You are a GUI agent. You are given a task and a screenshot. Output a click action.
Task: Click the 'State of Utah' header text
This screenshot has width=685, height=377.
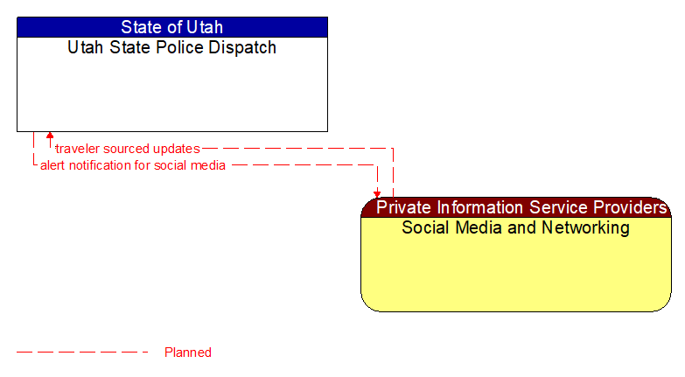(x=171, y=27)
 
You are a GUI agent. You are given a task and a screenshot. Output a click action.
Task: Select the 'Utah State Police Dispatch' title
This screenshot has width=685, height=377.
(x=171, y=48)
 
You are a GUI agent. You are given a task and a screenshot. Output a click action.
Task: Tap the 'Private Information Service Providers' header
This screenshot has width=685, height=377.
(x=521, y=207)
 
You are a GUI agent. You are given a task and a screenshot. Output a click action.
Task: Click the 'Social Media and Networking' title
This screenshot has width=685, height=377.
(x=515, y=228)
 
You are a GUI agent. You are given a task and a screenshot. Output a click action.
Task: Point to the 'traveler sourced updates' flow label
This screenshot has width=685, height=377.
(x=127, y=149)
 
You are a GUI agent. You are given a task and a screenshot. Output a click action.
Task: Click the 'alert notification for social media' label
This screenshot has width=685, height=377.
(x=133, y=165)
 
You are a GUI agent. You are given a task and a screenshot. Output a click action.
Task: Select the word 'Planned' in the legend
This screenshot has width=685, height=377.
(x=188, y=353)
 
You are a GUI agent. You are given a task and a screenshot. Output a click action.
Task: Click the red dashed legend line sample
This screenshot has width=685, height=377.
(x=82, y=353)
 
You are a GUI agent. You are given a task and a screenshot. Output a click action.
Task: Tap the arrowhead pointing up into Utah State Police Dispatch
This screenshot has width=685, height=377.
(x=50, y=136)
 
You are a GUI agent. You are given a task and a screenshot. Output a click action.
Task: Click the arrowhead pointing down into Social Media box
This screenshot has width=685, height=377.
(x=377, y=193)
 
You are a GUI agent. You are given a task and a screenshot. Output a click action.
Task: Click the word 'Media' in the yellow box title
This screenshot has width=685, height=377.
(x=479, y=228)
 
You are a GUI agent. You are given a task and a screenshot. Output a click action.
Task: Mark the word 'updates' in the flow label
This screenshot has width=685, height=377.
(x=178, y=149)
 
